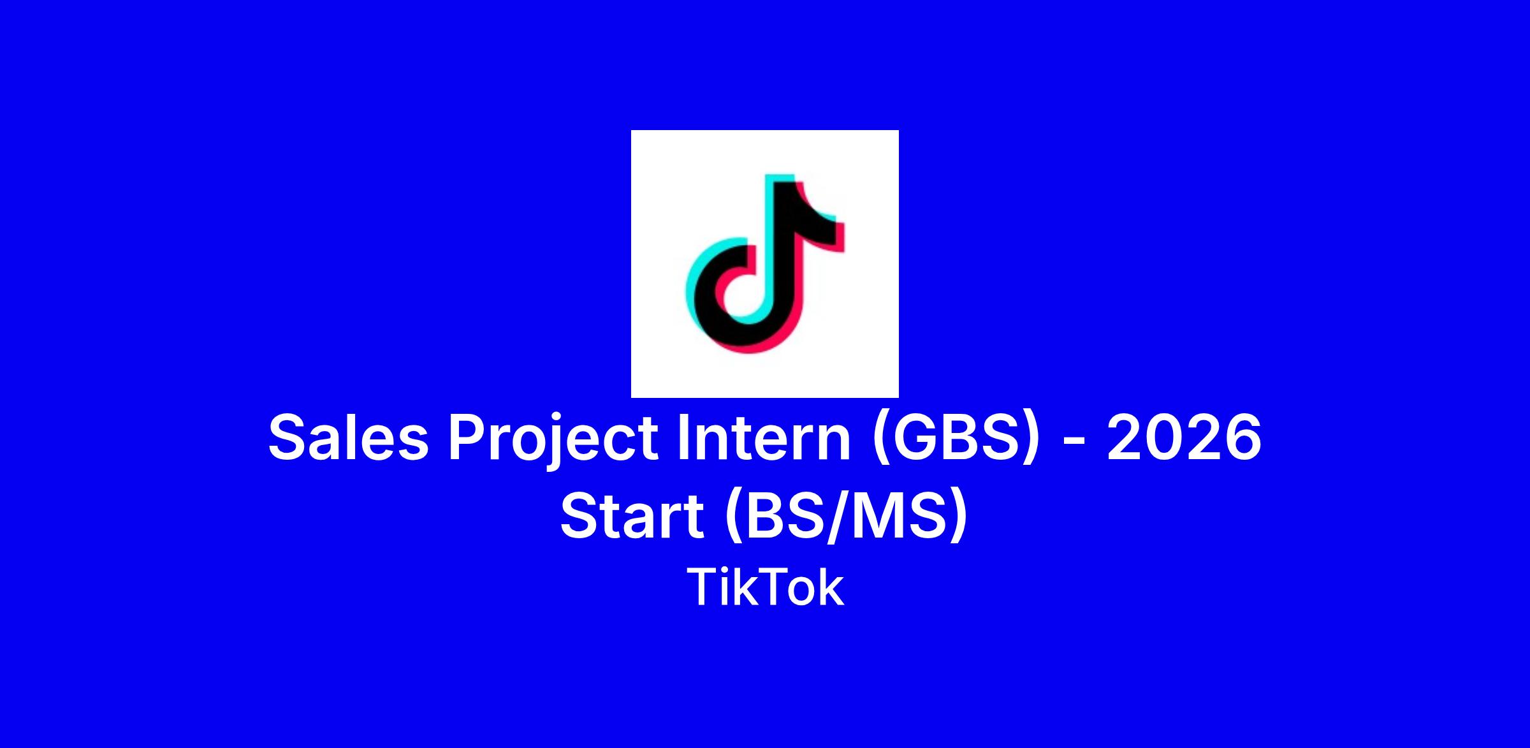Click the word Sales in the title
(348, 437)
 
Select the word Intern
(764, 437)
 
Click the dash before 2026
(1074, 442)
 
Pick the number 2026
(1184, 437)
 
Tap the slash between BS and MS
(839, 517)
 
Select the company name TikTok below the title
(765, 587)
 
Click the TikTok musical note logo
(765, 263)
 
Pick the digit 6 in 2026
(1242, 437)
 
